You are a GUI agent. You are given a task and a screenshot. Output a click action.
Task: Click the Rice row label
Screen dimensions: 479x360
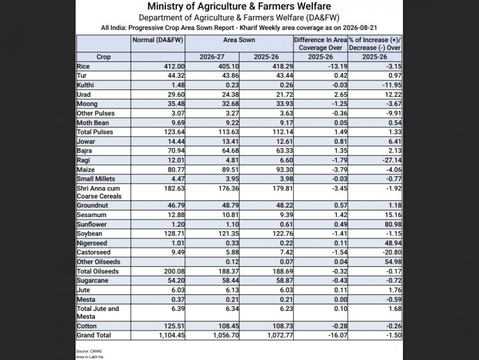point(83,66)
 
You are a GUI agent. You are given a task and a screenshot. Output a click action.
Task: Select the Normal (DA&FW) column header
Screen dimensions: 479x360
point(158,40)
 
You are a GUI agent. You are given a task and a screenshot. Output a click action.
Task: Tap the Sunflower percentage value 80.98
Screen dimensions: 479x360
point(393,225)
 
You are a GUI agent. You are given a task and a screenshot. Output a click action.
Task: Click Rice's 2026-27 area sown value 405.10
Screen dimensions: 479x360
point(229,66)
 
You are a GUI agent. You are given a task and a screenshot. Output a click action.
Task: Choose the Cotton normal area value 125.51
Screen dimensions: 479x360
point(174,326)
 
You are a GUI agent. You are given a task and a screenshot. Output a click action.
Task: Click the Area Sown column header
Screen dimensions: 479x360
point(239,40)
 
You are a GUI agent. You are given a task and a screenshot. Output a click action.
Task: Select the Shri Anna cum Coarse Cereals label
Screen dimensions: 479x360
point(99,192)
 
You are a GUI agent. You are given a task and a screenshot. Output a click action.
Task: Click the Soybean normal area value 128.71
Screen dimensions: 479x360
point(174,234)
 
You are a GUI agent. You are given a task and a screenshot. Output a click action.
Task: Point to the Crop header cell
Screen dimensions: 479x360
point(103,57)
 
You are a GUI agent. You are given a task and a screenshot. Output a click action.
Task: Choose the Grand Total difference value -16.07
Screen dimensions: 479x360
point(338,335)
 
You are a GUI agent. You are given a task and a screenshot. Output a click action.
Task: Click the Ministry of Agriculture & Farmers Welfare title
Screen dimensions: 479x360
point(240,6)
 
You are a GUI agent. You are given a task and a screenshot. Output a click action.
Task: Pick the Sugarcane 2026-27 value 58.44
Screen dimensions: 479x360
point(231,281)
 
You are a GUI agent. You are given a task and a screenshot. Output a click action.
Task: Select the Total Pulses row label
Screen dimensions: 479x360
point(95,132)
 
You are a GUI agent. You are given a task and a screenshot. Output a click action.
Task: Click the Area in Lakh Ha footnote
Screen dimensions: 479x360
point(90,357)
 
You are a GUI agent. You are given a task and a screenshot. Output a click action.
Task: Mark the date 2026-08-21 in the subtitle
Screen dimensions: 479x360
point(360,28)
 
